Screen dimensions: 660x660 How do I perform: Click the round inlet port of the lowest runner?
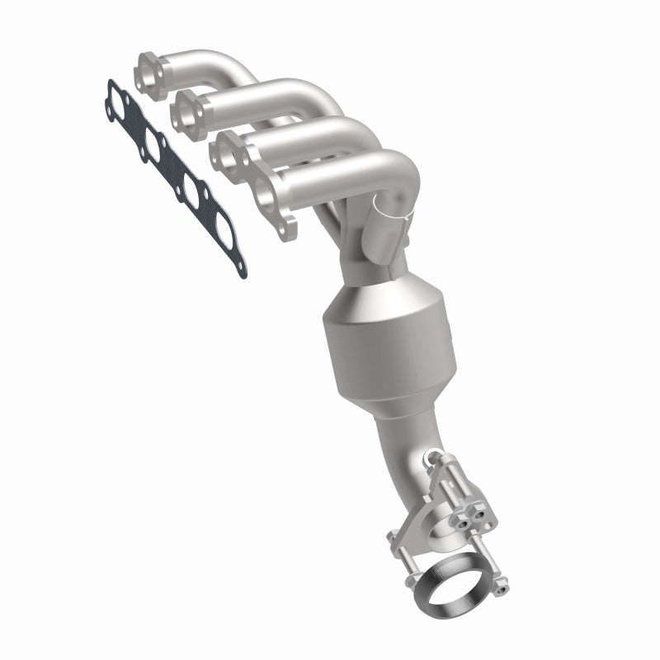[x=266, y=196]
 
